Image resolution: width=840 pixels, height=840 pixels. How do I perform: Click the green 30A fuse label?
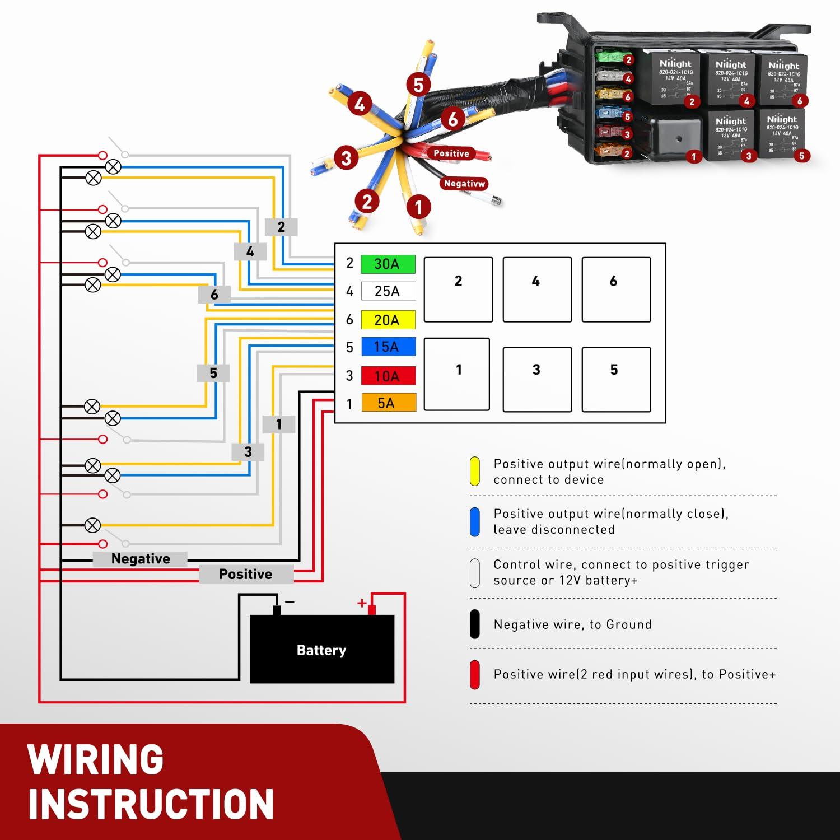pos(388,264)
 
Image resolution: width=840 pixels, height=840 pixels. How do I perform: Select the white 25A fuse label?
pos(388,291)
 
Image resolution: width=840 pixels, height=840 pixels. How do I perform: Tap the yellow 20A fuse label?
pos(388,320)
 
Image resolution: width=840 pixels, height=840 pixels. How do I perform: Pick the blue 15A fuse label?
pos(388,347)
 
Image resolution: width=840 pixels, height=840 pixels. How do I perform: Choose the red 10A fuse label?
pos(388,376)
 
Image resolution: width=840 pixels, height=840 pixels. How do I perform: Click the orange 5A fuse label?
pos(388,403)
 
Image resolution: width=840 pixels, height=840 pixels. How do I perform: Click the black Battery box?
pos(321,649)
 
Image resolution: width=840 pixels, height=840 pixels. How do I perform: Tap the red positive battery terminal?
pos(371,609)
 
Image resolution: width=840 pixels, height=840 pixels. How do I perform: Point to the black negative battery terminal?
pos(277,610)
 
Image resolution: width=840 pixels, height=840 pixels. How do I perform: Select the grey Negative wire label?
pos(140,559)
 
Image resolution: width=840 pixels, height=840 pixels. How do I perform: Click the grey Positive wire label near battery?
pos(246,574)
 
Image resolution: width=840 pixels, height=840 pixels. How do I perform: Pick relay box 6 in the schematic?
pos(616,290)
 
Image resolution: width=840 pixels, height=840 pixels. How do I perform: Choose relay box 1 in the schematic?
pos(457,374)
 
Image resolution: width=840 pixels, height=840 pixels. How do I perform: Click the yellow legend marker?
pos(475,472)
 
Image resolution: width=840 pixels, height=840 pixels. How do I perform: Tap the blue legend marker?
pos(475,521)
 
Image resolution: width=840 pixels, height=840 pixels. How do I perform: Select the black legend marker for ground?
pos(475,624)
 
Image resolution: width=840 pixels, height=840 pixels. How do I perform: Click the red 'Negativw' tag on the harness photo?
pos(464,183)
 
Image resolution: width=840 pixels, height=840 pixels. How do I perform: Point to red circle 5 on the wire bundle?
pos(418,85)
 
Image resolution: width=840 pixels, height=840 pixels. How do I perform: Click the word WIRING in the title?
pos(96,759)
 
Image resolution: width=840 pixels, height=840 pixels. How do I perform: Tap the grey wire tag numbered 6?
pos(214,295)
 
